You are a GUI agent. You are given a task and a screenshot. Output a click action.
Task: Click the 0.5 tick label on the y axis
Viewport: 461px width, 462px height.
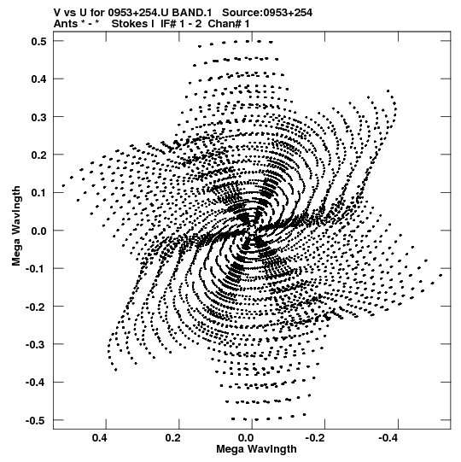pyautogui.click(x=39, y=41)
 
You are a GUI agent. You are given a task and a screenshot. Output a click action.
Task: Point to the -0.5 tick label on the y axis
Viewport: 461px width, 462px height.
pyautogui.click(x=36, y=420)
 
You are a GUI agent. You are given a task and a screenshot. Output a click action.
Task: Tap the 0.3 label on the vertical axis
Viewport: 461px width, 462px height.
pyautogui.click(x=39, y=117)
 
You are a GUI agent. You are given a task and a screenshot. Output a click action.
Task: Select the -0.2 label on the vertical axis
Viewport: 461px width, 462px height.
pyautogui.click(x=36, y=307)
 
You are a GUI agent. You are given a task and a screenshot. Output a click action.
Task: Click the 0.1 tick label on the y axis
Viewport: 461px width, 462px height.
pyautogui.click(x=39, y=193)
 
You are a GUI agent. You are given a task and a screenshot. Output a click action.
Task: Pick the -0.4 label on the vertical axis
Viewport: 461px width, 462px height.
pyautogui.click(x=36, y=383)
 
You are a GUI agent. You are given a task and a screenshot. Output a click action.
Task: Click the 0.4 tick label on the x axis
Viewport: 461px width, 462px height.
pyautogui.click(x=100, y=437)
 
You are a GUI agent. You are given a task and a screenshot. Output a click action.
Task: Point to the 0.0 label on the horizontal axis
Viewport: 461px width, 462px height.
pyautogui.click(x=246, y=437)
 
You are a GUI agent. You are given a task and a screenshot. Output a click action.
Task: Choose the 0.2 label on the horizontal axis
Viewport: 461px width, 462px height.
pyautogui.click(x=172, y=437)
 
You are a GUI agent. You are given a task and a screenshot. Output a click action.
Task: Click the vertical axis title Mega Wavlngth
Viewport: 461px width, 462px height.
pyautogui.click(x=16, y=226)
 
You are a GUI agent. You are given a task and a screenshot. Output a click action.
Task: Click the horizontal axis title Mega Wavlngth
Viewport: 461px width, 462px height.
pyautogui.click(x=256, y=449)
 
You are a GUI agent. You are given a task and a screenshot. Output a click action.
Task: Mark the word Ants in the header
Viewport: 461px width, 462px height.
pyautogui.click(x=66, y=24)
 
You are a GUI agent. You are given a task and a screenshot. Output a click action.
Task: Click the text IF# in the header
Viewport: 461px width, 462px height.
pyautogui.click(x=168, y=24)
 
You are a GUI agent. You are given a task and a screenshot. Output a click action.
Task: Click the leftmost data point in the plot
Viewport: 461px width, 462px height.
pyautogui.click(x=63, y=185)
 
